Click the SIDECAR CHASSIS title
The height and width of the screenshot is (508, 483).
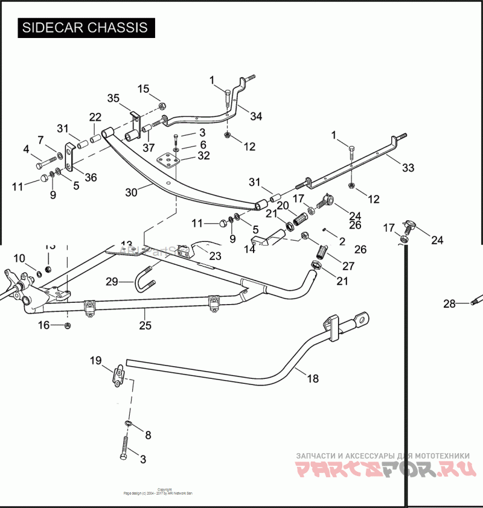[85, 28]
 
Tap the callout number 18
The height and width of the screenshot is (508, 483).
[312, 379]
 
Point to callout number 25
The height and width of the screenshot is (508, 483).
[146, 325]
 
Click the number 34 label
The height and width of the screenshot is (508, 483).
[256, 116]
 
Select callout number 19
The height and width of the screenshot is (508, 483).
[97, 361]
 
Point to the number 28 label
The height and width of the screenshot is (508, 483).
[449, 304]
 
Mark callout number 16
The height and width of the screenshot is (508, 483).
[43, 326]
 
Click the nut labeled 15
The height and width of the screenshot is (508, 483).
[162, 106]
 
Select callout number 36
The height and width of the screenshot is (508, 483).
[91, 177]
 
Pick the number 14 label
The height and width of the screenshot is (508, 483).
[248, 249]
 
